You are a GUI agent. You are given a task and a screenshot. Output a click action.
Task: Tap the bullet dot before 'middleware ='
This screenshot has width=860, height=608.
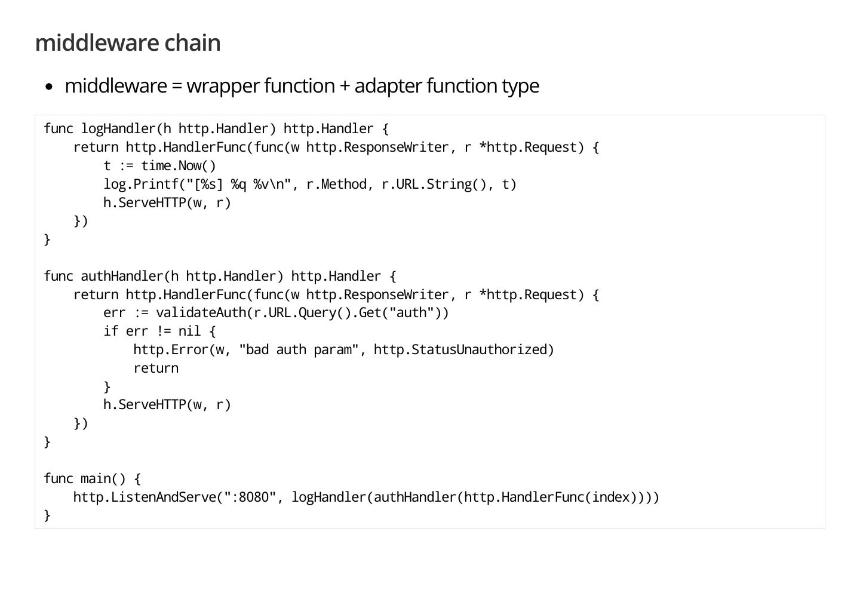click(50, 87)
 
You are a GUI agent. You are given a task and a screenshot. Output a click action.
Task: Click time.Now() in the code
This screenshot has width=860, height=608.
click(179, 166)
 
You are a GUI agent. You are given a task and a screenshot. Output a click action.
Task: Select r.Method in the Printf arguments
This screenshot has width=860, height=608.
click(336, 185)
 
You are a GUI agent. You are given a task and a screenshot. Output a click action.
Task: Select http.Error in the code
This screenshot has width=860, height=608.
click(171, 350)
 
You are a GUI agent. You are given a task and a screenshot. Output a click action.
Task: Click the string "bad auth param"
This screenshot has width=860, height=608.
click(299, 350)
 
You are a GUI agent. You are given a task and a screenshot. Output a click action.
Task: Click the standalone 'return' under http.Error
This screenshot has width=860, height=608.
click(156, 369)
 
